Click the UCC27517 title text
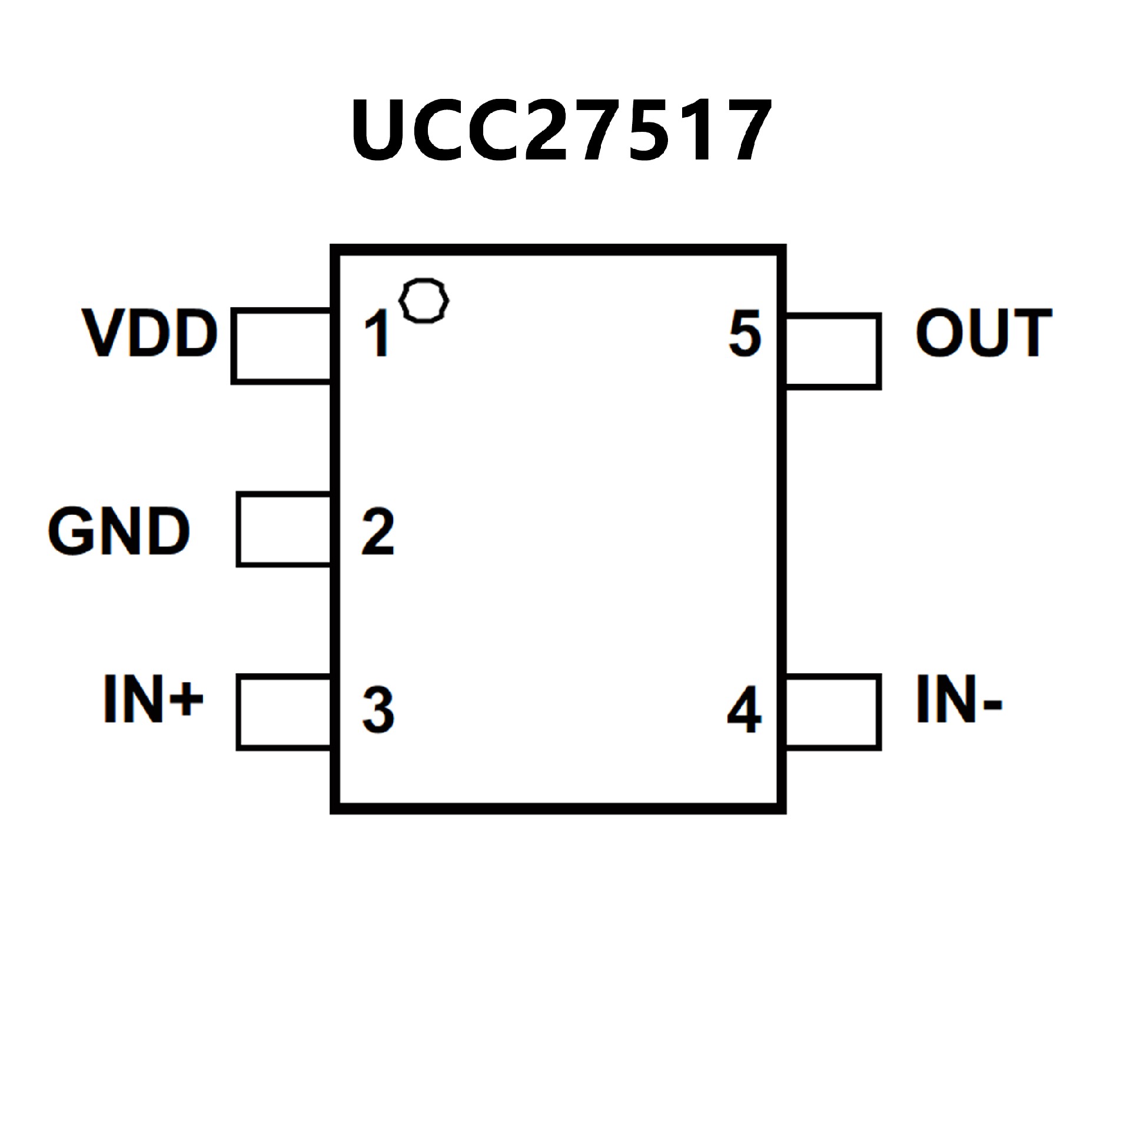[x=560, y=131]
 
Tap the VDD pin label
[x=151, y=333]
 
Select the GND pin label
[x=119, y=531]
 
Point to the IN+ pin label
[x=153, y=699]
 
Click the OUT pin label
[x=983, y=333]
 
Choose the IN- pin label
[x=959, y=699]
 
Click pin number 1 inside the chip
[x=377, y=334]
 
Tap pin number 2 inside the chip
[x=377, y=532]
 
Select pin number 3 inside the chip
[x=378, y=710]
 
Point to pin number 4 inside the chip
[x=745, y=710]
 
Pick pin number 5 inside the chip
[x=745, y=334]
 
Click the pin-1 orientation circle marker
[x=424, y=300]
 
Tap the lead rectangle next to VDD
[x=281, y=346]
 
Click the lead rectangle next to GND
[x=284, y=530]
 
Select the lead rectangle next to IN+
[x=284, y=712]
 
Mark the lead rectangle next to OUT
[x=833, y=351]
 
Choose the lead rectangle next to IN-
[x=833, y=712]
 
